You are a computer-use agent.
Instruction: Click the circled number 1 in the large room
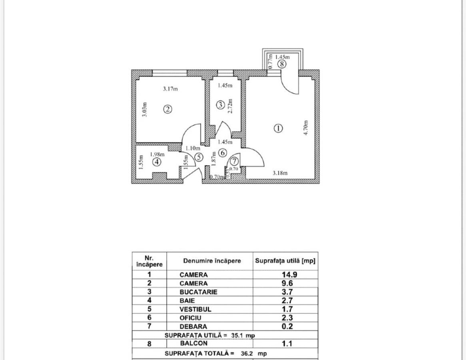click(279, 128)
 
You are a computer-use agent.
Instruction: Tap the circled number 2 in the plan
click(168, 109)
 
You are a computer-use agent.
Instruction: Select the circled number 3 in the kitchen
click(221, 105)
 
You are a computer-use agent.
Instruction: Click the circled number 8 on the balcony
click(282, 63)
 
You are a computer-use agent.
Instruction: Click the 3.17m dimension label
click(170, 89)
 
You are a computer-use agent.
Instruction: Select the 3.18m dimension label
click(280, 173)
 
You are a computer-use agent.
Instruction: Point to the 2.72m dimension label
click(230, 106)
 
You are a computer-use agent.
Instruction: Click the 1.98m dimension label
click(157, 154)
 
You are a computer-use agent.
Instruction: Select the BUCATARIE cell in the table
click(198, 292)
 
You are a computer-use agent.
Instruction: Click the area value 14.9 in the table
click(289, 275)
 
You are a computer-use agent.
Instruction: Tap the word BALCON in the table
click(193, 343)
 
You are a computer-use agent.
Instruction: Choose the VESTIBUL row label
click(195, 309)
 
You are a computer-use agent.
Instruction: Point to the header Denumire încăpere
click(212, 261)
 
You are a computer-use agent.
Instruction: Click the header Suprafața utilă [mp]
click(285, 261)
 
